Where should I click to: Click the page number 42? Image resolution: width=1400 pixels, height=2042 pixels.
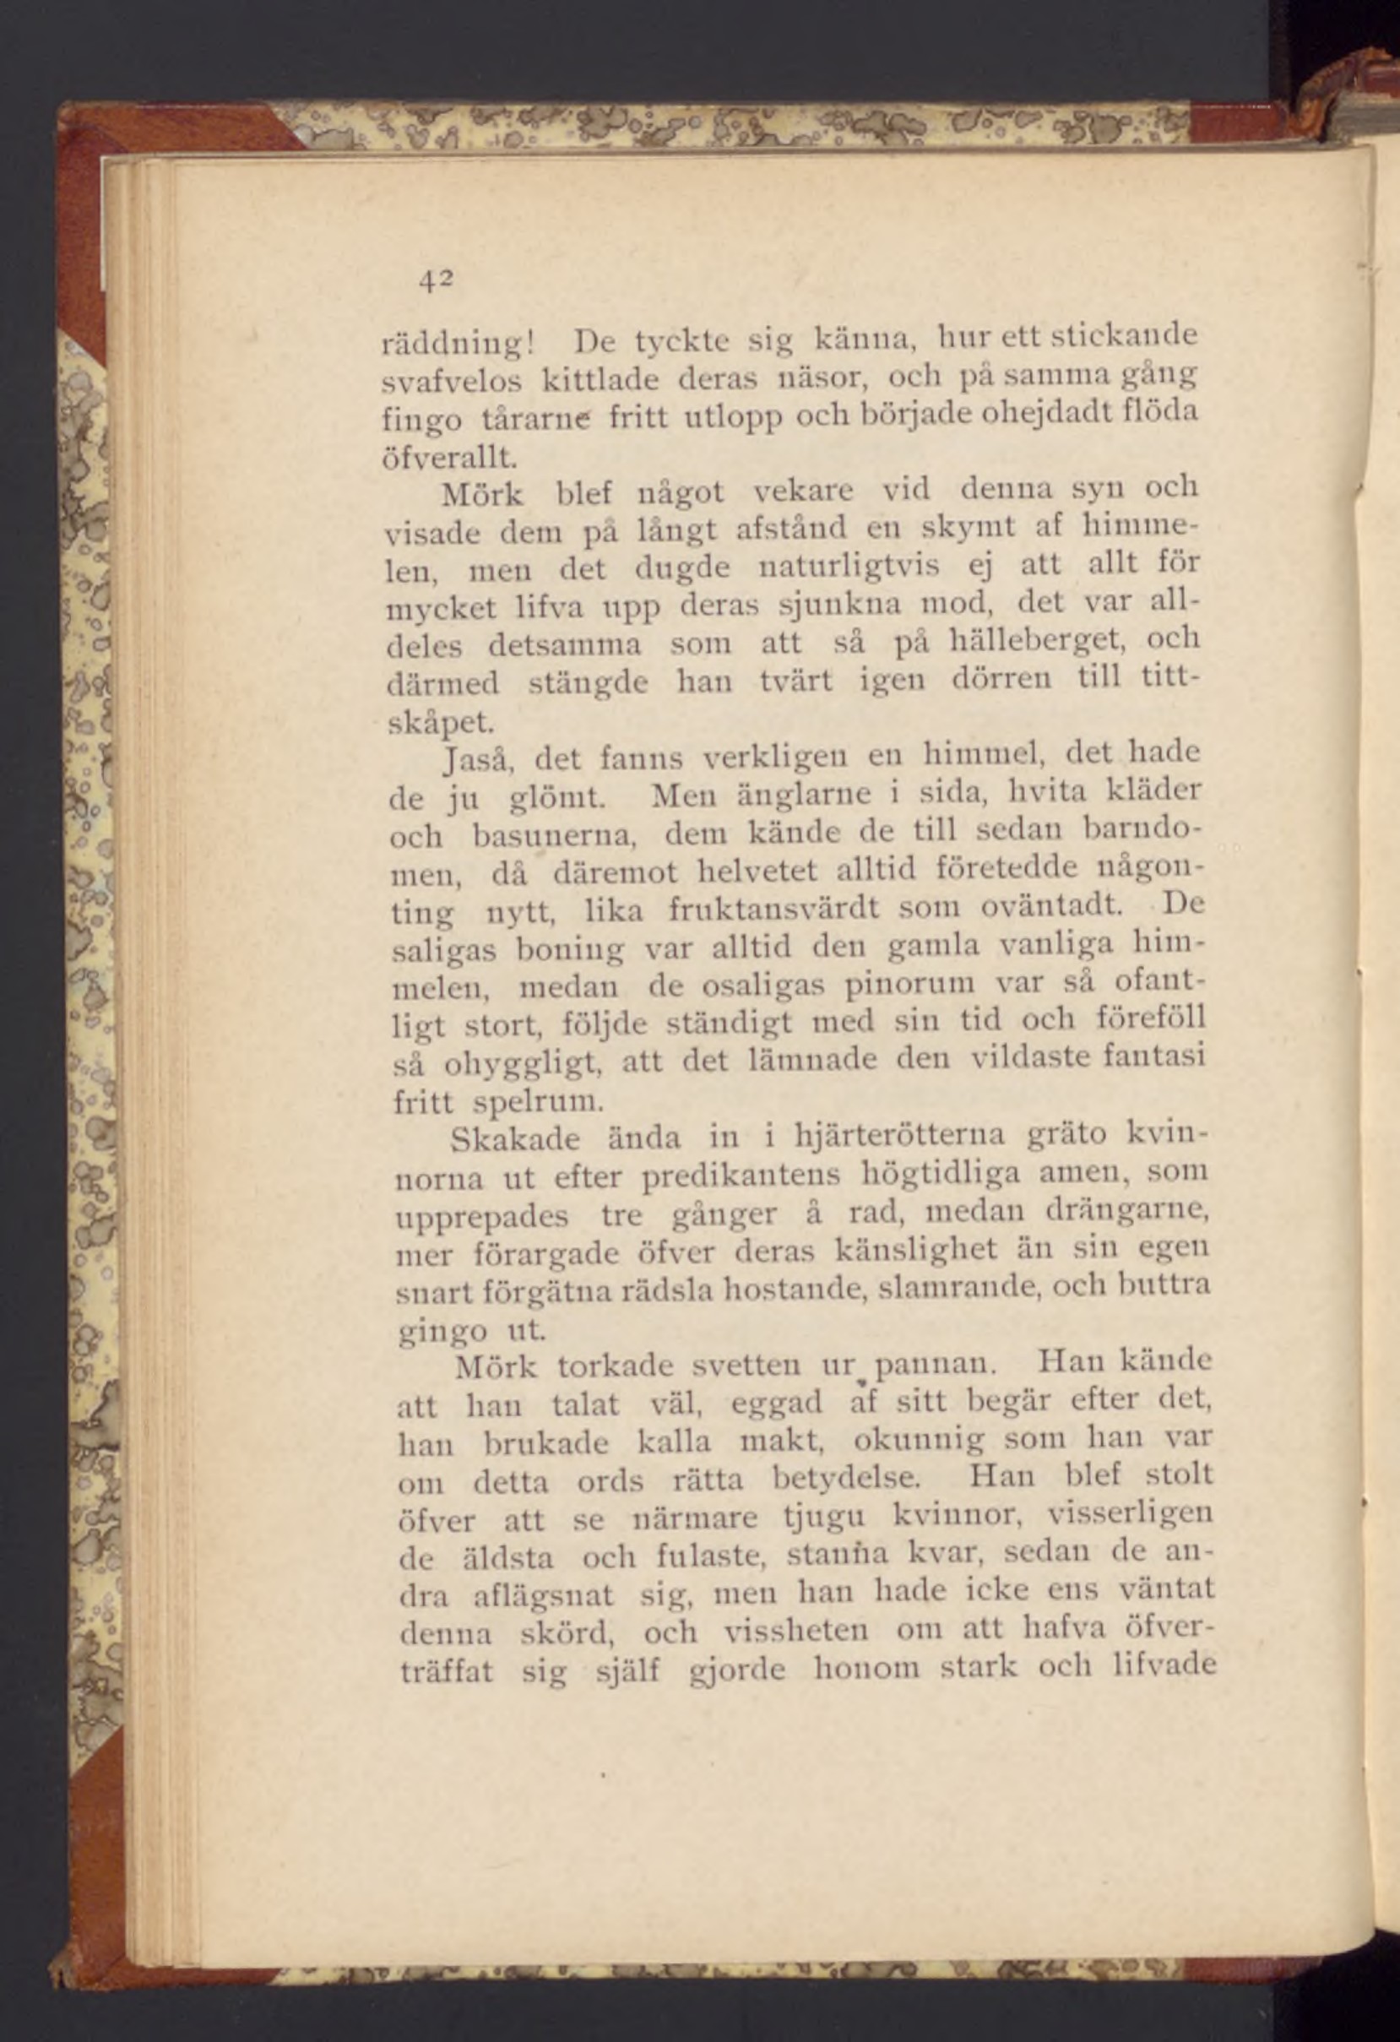point(434,280)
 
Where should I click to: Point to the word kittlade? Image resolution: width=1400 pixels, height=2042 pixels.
point(600,378)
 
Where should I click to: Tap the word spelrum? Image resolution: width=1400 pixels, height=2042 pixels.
point(538,1101)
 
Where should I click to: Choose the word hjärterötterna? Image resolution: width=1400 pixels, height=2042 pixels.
point(899,1138)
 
